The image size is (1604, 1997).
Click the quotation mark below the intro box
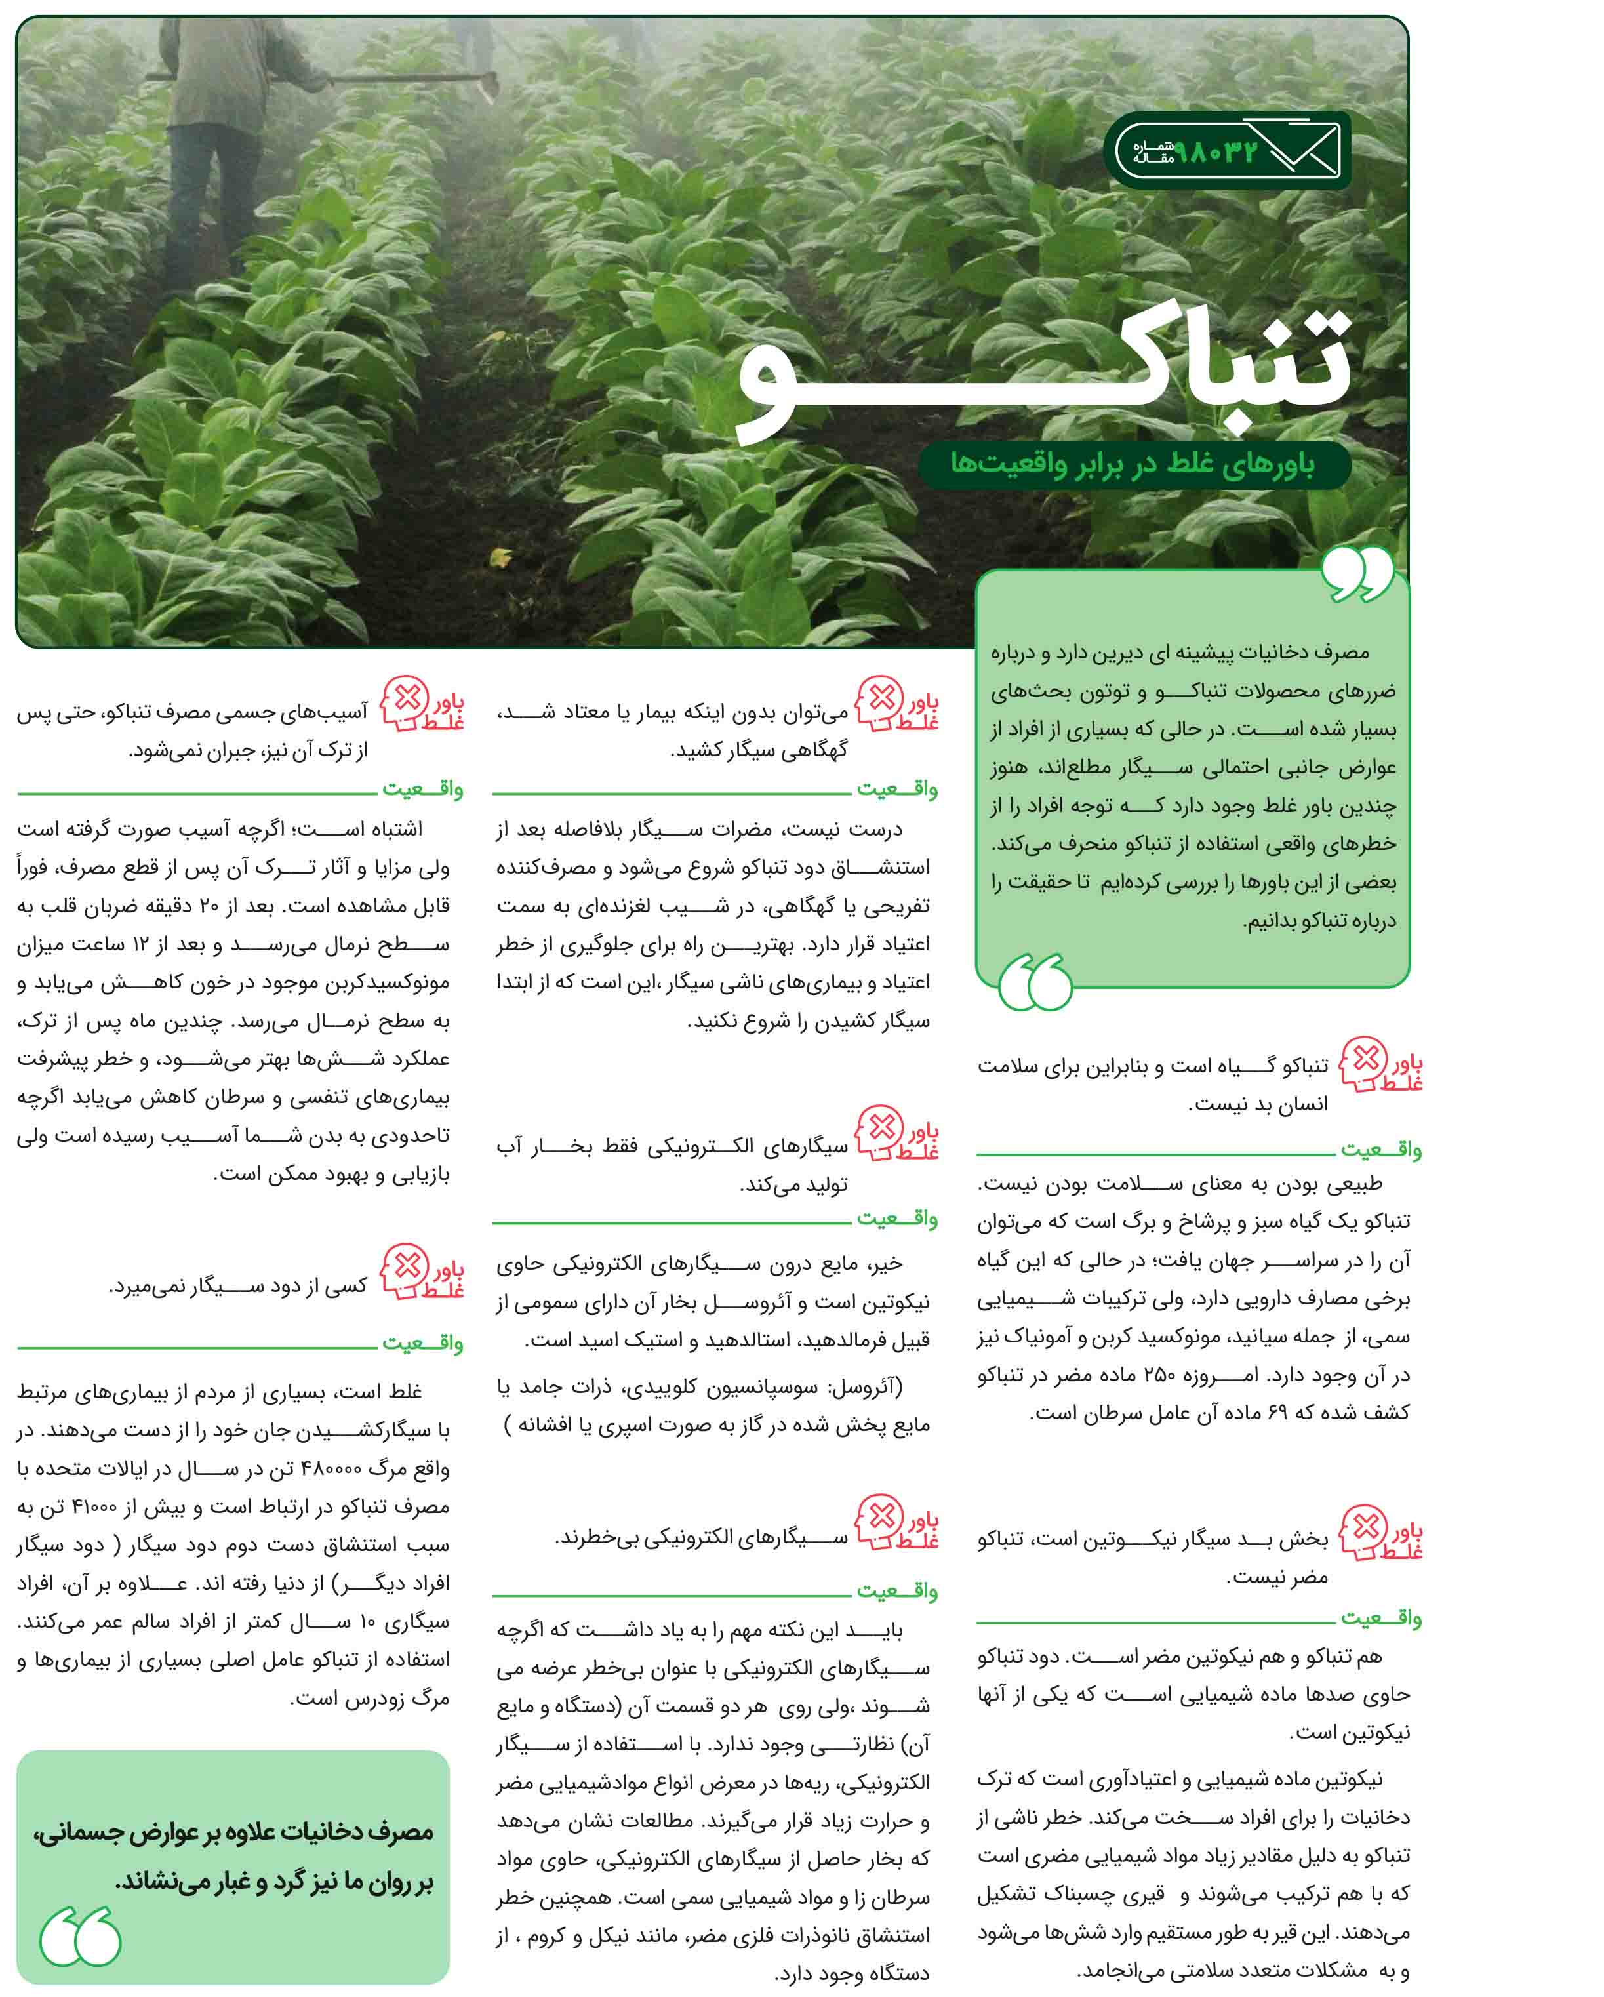pyautogui.click(x=1035, y=982)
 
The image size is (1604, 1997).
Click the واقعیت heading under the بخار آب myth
pyautogui.click(x=896, y=1219)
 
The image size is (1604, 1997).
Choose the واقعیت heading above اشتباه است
pyautogui.click(x=422, y=789)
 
